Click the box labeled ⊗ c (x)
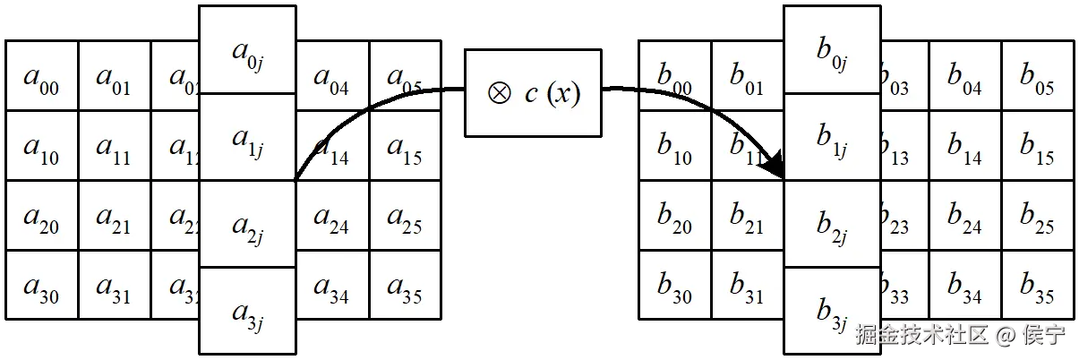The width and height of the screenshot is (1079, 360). click(533, 93)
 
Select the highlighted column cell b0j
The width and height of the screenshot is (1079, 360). click(832, 50)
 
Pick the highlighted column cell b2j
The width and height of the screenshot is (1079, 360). click(832, 224)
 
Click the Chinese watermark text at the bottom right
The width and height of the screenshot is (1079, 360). click(962, 335)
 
